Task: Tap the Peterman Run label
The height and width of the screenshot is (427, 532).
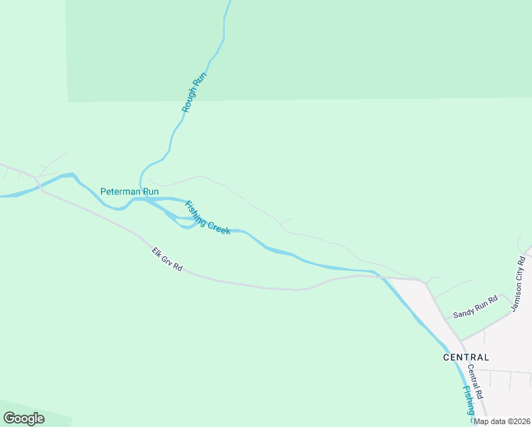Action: [x=129, y=191]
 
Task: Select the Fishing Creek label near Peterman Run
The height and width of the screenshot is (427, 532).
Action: [x=207, y=218]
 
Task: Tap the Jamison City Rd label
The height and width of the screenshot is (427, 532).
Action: [x=518, y=284]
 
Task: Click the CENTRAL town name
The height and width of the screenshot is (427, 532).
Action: [x=466, y=357]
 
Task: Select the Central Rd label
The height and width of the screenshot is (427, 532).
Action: [x=475, y=381]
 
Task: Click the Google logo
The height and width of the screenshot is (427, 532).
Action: [x=23, y=418]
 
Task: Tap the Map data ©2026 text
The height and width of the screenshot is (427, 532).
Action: [x=502, y=421]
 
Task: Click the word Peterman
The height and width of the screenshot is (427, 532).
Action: [x=120, y=191]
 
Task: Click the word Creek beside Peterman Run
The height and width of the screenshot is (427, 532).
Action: [x=218, y=226]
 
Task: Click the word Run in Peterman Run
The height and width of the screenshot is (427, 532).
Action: [x=150, y=191]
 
